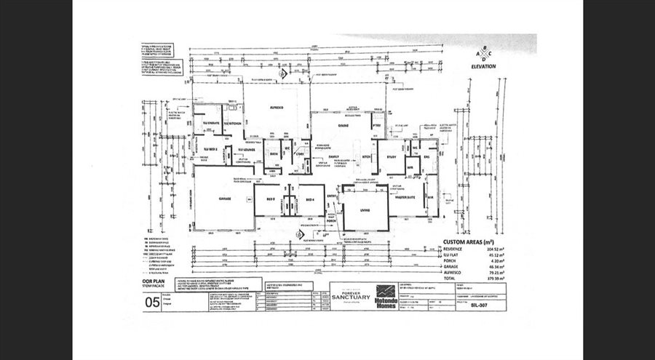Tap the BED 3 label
coord(269,199)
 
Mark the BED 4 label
coord(309,199)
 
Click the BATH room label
coord(275,153)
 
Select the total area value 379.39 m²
coord(512,277)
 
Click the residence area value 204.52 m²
coord(512,248)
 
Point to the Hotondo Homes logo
coord(388,297)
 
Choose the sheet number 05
coord(153,303)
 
